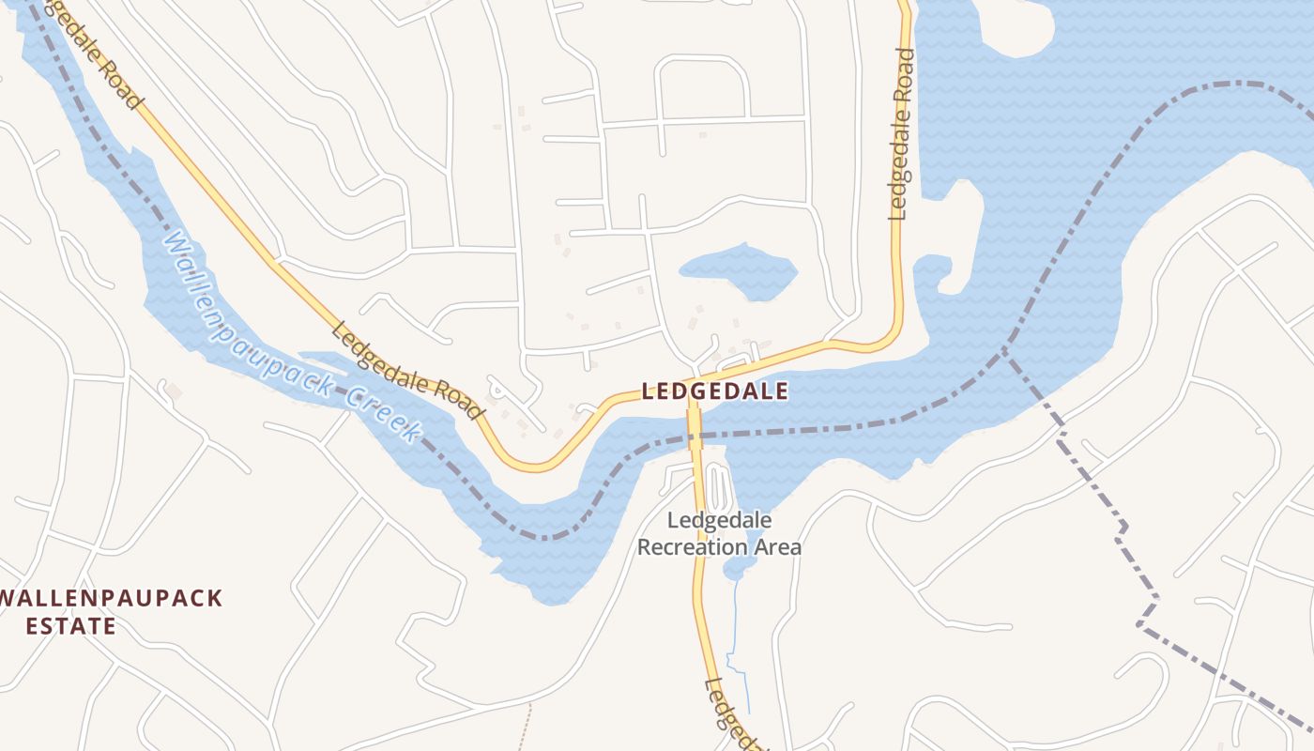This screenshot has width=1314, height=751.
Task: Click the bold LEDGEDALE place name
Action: [715, 392]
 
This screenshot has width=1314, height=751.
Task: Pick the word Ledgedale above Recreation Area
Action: [719, 520]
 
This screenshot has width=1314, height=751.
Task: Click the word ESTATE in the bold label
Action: [71, 626]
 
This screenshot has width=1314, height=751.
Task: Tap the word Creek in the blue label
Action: [381, 413]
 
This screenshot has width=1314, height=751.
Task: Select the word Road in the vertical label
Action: [903, 75]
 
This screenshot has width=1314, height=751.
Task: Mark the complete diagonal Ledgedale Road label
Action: [407, 371]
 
